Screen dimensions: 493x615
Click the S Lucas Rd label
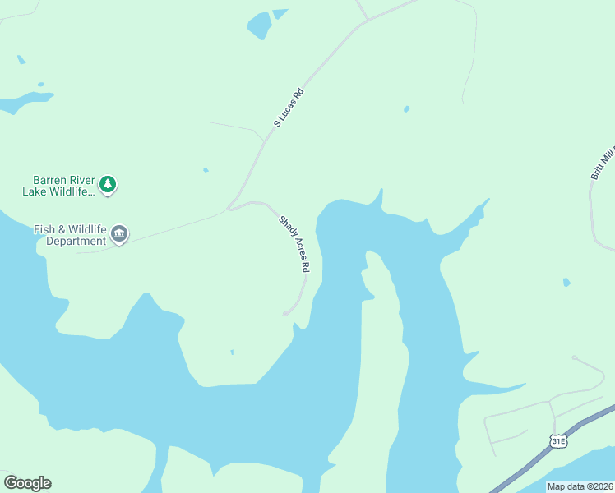[x=289, y=108]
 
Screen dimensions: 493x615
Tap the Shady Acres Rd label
[x=294, y=243]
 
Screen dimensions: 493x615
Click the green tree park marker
[x=108, y=185]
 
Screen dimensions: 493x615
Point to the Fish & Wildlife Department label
[x=70, y=236]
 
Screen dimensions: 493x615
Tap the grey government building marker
[x=119, y=236]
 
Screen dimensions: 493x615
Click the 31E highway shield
[x=559, y=440]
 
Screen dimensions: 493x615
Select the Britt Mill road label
[x=602, y=160]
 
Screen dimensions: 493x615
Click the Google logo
[x=27, y=483]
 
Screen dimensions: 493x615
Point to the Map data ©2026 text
[x=580, y=486]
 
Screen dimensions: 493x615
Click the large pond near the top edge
[x=260, y=25]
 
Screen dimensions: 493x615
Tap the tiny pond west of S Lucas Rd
[x=206, y=170]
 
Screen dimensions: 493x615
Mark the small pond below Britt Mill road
[x=566, y=283]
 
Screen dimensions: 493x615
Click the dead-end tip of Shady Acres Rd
[x=285, y=313]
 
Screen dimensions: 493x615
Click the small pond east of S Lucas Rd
[x=406, y=108]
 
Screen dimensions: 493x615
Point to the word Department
[x=76, y=242]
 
